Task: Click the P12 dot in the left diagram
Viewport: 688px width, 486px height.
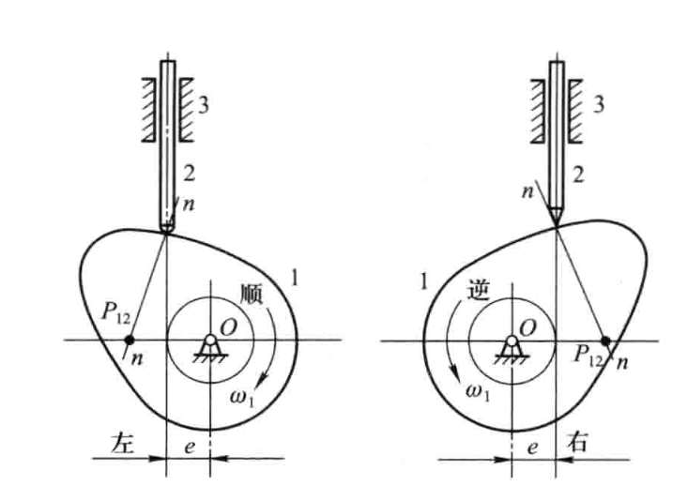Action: [x=129, y=340]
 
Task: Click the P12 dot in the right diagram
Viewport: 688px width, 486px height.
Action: [x=605, y=341]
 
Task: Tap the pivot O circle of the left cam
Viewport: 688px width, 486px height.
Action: [x=210, y=340]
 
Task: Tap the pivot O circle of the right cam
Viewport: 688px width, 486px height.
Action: [x=512, y=341]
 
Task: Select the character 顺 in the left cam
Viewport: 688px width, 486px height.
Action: [x=252, y=294]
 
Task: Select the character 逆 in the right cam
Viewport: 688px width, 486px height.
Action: [x=479, y=290]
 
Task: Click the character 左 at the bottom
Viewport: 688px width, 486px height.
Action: [x=122, y=443]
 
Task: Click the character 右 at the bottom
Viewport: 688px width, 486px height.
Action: [x=576, y=442]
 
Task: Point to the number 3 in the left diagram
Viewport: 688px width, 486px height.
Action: [x=203, y=105]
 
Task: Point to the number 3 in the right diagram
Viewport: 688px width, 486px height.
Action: [x=599, y=104]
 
